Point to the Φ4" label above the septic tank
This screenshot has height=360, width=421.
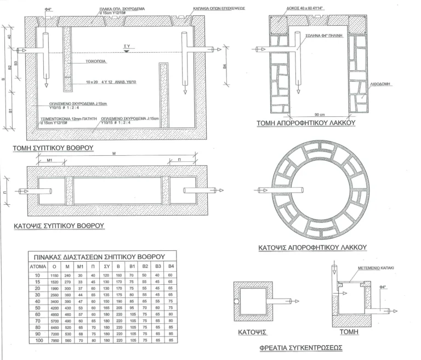point(48,9)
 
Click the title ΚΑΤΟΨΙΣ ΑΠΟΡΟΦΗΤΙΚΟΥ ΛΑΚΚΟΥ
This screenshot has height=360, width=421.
point(312,248)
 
